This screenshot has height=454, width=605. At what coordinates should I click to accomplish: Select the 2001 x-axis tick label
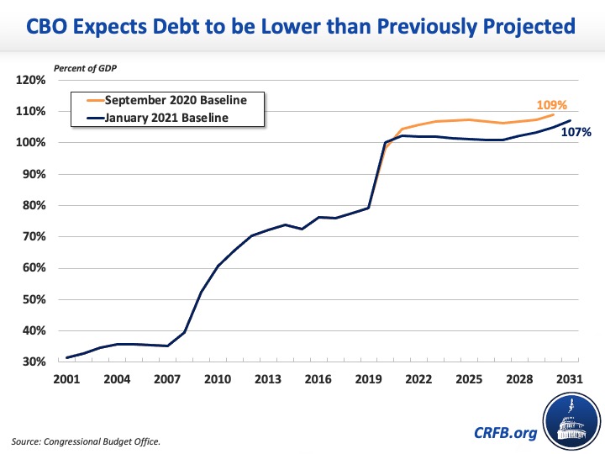tap(67, 378)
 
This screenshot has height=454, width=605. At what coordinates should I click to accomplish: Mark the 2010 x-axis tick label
tap(218, 378)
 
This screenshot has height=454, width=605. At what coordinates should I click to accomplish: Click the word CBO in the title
tap(54, 27)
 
